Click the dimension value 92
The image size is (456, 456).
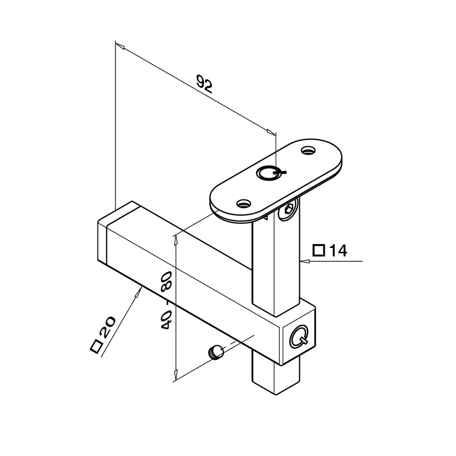(x=205, y=84)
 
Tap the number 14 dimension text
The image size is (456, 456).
(x=338, y=251)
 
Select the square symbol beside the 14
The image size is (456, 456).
(x=319, y=250)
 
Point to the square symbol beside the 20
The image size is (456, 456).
(x=97, y=346)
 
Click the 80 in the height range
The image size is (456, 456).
(x=167, y=281)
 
